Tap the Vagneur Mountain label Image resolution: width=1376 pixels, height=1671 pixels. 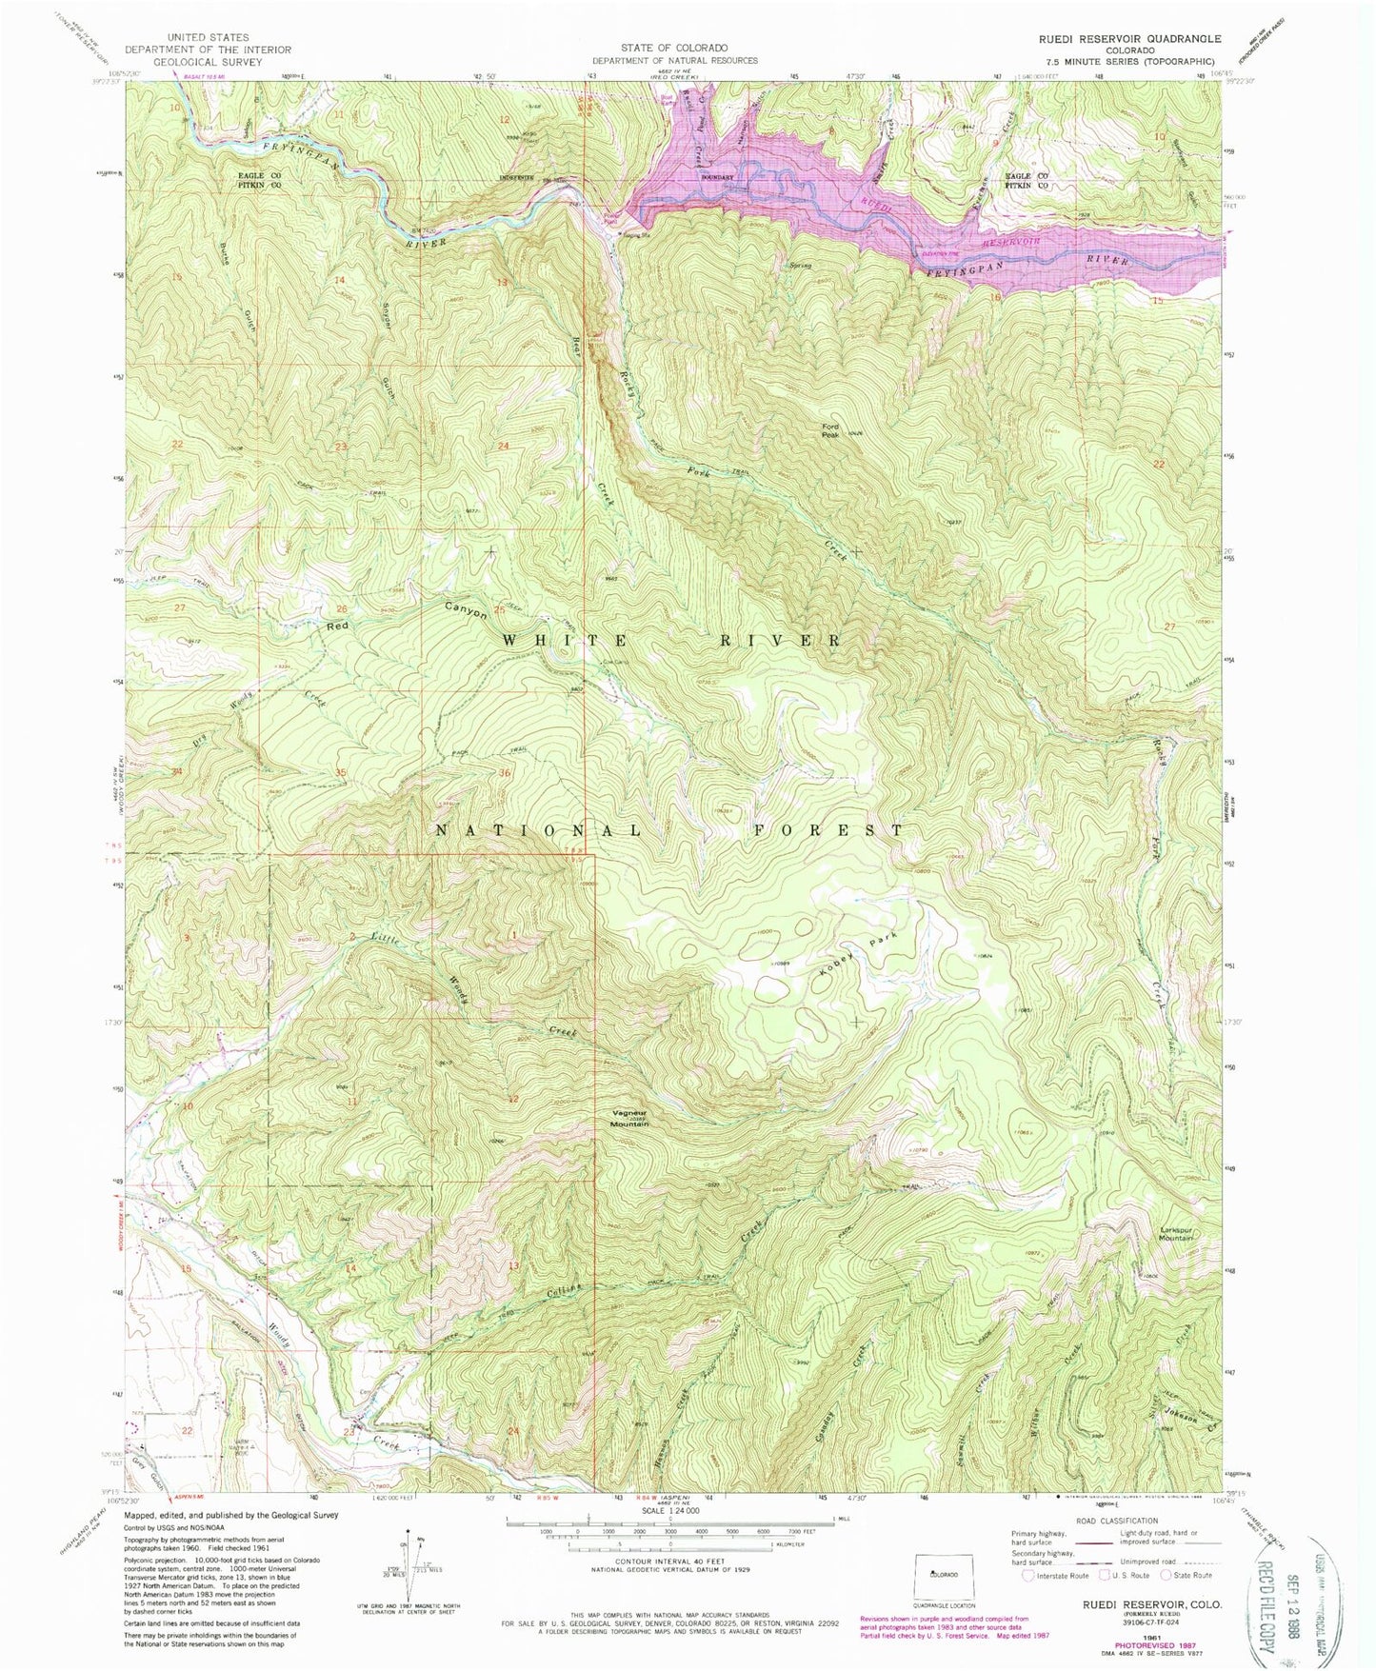pyautogui.click(x=629, y=1120)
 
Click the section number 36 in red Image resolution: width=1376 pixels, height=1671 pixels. pyautogui.click(x=505, y=773)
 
